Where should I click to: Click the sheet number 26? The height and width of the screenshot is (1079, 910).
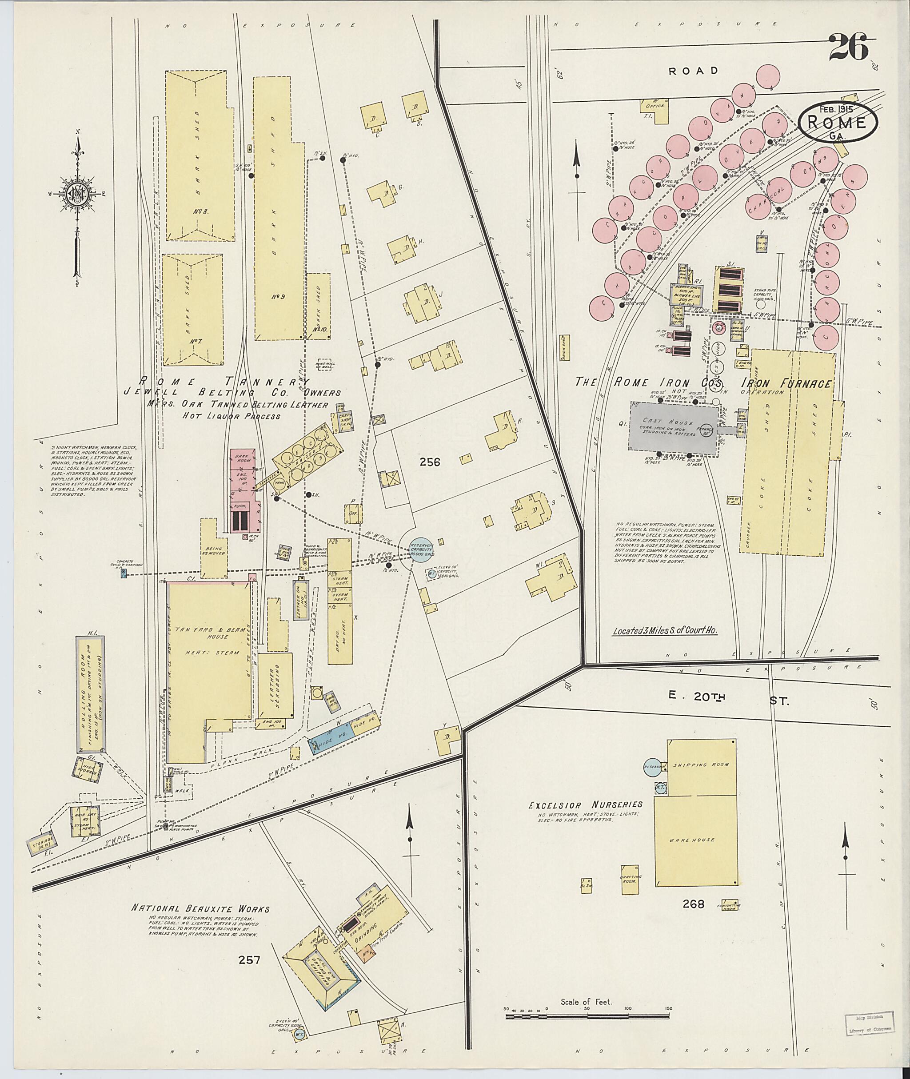(x=849, y=48)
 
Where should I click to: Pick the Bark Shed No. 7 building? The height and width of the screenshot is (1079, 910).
(x=193, y=310)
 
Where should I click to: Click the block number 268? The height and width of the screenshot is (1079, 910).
(x=693, y=918)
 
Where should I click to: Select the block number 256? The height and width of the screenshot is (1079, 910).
(x=429, y=462)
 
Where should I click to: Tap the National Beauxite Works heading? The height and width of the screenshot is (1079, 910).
(x=201, y=908)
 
